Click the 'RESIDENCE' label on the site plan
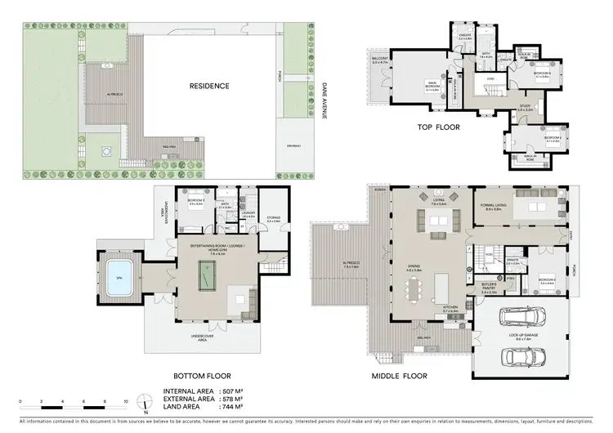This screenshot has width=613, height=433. (x=210, y=85)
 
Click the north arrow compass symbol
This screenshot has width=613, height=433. (x=145, y=403)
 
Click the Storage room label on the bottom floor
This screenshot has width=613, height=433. (x=274, y=219)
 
